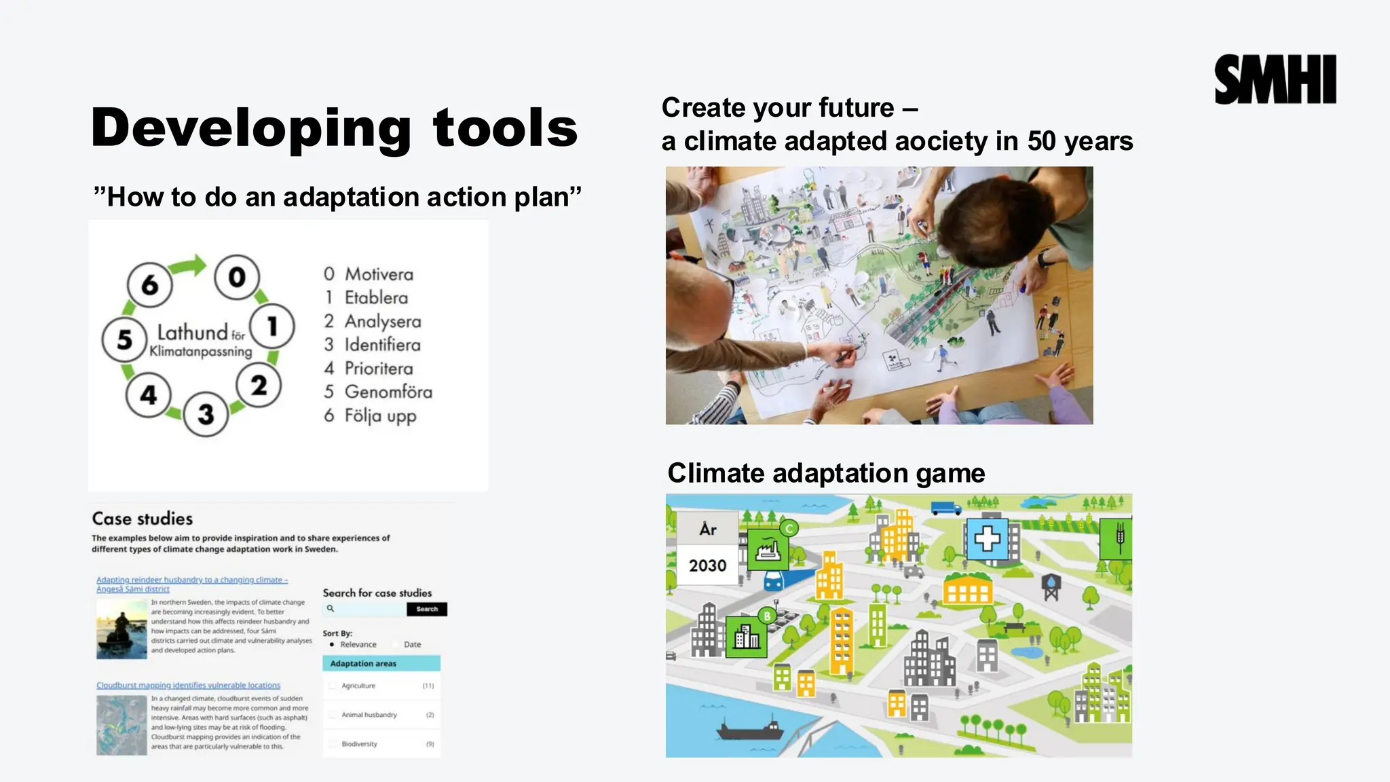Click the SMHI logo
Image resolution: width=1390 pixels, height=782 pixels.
point(1275,80)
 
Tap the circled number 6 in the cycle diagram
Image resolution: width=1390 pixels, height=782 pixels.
point(149,284)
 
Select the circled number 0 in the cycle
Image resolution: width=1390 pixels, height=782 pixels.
point(236,277)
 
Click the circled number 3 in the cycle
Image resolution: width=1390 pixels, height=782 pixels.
point(206,413)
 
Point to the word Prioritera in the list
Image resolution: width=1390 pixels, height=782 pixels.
point(378,369)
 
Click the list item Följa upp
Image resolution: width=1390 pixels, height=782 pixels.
point(379,415)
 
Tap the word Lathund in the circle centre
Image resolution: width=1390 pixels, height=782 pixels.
point(192,333)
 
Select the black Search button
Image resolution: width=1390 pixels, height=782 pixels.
point(427,609)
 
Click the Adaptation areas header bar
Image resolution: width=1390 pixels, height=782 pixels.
point(381,663)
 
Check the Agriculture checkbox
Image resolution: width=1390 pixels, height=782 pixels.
point(333,686)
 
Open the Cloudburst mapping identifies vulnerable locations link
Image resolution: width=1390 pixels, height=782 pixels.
point(188,685)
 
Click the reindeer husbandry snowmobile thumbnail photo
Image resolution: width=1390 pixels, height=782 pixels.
point(121,629)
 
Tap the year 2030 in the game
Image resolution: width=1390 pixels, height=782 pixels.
point(707,565)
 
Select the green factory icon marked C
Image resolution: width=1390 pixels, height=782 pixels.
point(768,548)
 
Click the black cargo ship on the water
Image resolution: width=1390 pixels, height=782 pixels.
point(751,729)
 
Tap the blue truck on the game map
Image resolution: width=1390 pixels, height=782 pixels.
point(945,508)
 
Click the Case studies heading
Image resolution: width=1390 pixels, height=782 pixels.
point(143,519)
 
